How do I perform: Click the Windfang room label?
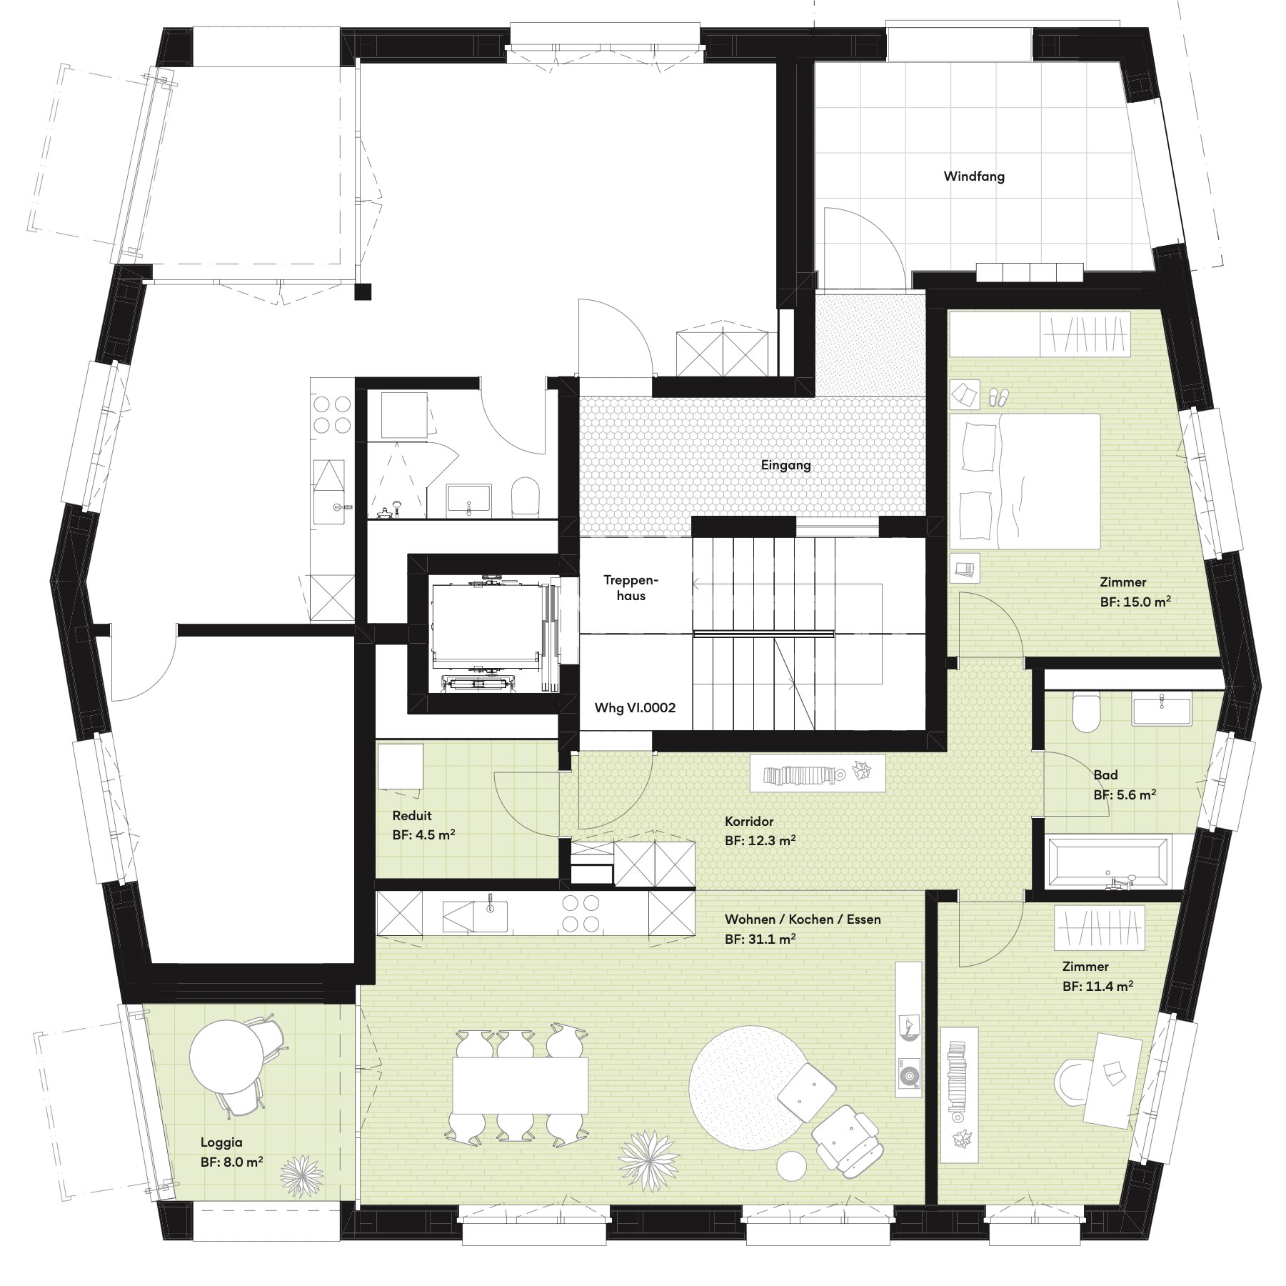click(974, 176)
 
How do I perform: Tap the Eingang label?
click(785, 465)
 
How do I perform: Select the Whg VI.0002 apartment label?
click(635, 708)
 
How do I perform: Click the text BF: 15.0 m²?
click(1135, 602)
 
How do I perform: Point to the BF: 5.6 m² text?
click(1125, 794)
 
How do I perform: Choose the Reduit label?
click(412, 816)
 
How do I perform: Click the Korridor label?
click(749, 822)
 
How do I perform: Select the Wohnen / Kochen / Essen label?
click(803, 919)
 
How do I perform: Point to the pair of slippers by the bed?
click(997, 397)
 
